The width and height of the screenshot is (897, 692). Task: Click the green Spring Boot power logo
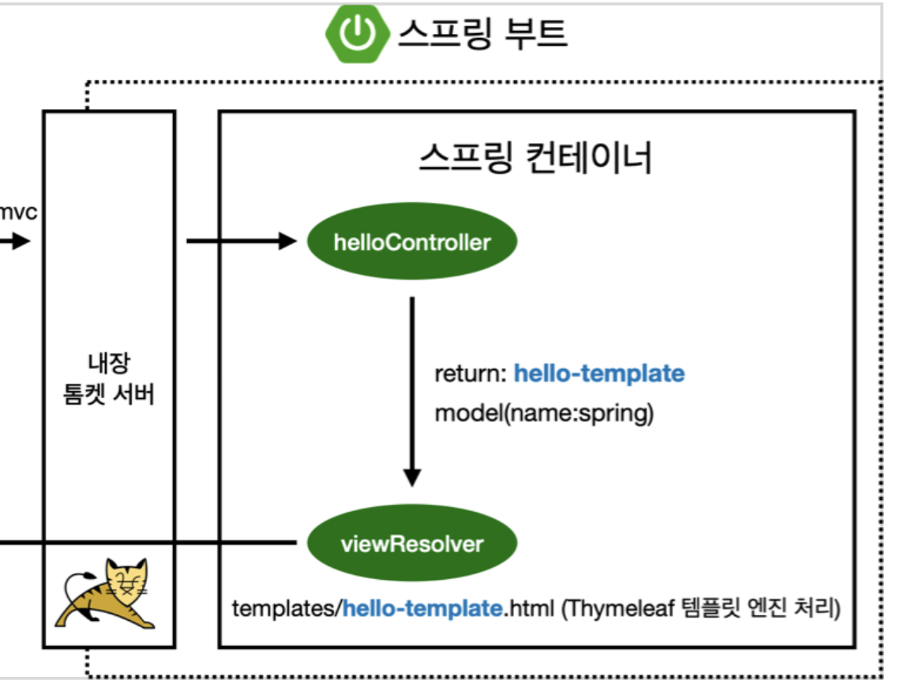tap(358, 33)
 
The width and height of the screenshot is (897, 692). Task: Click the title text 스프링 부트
tap(482, 33)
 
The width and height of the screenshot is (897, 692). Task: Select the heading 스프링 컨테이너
tap(535, 158)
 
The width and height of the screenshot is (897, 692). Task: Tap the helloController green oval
tap(411, 242)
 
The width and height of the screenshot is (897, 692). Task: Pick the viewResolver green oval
tap(411, 544)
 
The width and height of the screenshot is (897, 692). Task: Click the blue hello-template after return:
tap(599, 373)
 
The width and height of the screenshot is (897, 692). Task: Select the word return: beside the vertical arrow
tap(470, 373)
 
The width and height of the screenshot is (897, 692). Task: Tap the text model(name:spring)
tap(544, 414)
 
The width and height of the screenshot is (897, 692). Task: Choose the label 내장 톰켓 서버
tap(108, 379)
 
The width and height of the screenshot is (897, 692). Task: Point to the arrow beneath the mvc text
tap(14, 242)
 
